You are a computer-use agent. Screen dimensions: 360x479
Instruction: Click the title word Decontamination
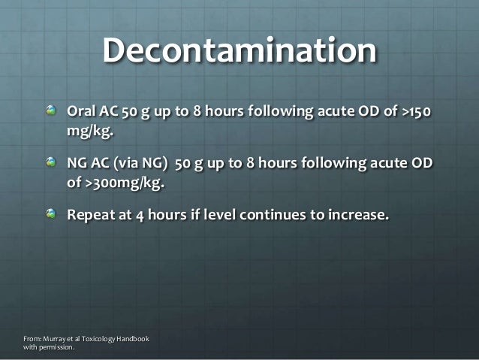point(239,51)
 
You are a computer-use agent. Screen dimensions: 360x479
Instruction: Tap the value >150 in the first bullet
point(415,113)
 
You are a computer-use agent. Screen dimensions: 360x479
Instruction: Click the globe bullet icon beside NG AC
point(51,163)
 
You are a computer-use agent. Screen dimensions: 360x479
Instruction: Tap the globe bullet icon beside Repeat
point(51,214)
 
